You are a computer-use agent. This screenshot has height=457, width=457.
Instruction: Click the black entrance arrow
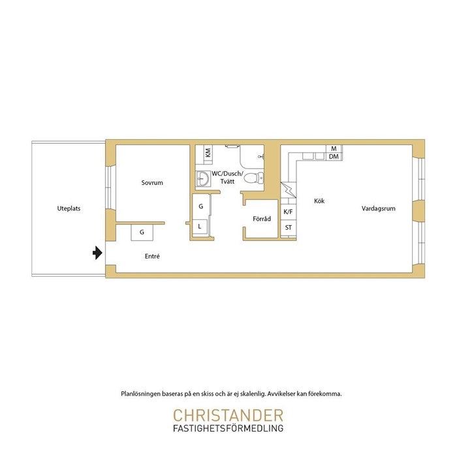97,253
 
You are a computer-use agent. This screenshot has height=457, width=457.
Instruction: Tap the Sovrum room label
152,183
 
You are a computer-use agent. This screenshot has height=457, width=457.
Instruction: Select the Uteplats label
69,208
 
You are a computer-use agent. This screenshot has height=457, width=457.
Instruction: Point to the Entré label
152,256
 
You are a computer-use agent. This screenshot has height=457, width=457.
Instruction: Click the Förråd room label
262,219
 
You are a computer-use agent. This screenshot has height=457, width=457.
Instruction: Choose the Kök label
319,201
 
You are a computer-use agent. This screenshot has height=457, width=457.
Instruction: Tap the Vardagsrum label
378,208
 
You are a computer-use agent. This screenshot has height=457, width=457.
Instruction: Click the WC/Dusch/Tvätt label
227,177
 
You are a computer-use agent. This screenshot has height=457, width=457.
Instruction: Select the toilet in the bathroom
253,178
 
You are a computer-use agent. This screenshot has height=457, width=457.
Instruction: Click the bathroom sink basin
203,178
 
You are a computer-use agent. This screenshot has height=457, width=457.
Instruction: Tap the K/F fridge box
289,212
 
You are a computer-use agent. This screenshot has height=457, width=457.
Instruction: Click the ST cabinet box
289,228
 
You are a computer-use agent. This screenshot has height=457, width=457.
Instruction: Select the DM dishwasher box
334,157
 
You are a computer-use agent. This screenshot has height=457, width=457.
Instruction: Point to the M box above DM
334,149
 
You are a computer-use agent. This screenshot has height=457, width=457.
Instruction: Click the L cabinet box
200,226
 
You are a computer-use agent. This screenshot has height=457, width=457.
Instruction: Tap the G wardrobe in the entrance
142,232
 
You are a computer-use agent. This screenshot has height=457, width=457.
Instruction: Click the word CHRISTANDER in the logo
228,415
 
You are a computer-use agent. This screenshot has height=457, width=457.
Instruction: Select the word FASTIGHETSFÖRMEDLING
228,428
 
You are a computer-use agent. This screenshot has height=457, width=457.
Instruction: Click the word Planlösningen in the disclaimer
141,394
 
